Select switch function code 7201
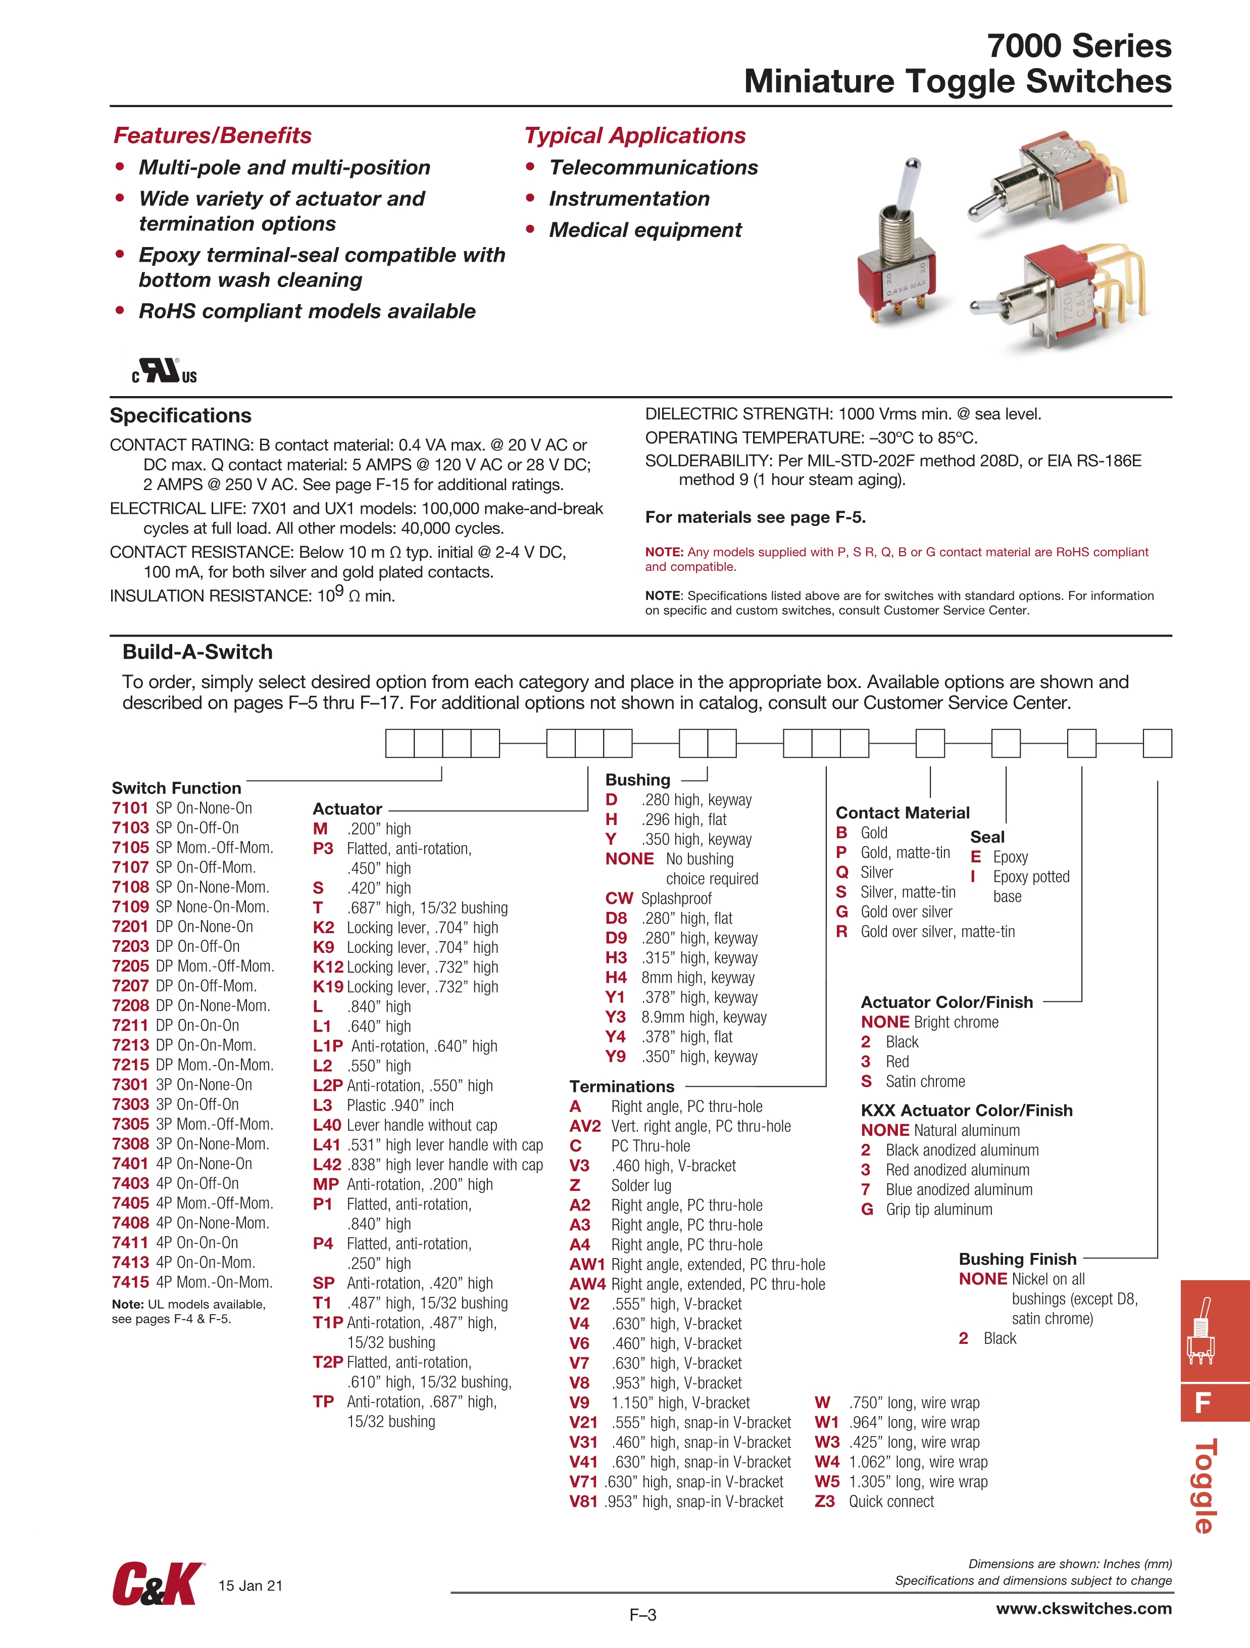(x=130, y=927)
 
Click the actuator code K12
(x=328, y=967)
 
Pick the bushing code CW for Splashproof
(x=619, y=898)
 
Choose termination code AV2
(x=585, y=1127)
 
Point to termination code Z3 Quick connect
(x=825, y=1502)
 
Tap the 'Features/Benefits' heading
(x=212, y=135)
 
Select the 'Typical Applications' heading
(x=635, y=135)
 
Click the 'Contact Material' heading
(x=902, y=813)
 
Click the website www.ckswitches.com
(x=1084, y=1609)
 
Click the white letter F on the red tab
(x=1203, y=1403)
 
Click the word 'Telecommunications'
(x=654, y=168)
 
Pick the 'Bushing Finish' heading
(x=1018, y=1259)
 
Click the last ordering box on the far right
(x=1157, y=744)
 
